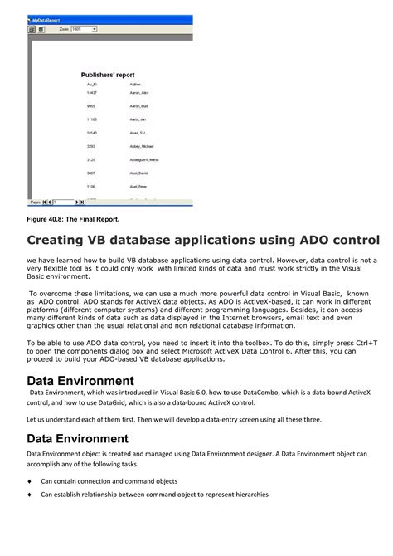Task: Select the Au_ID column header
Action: [92, 85]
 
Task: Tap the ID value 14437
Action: [92, 93]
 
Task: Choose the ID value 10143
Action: [92, 133]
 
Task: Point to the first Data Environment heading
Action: [80, 381]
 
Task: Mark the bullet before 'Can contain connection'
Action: [29, 481]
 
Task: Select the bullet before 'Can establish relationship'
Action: [29, 495]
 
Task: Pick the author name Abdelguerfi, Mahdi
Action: [145, 159]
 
